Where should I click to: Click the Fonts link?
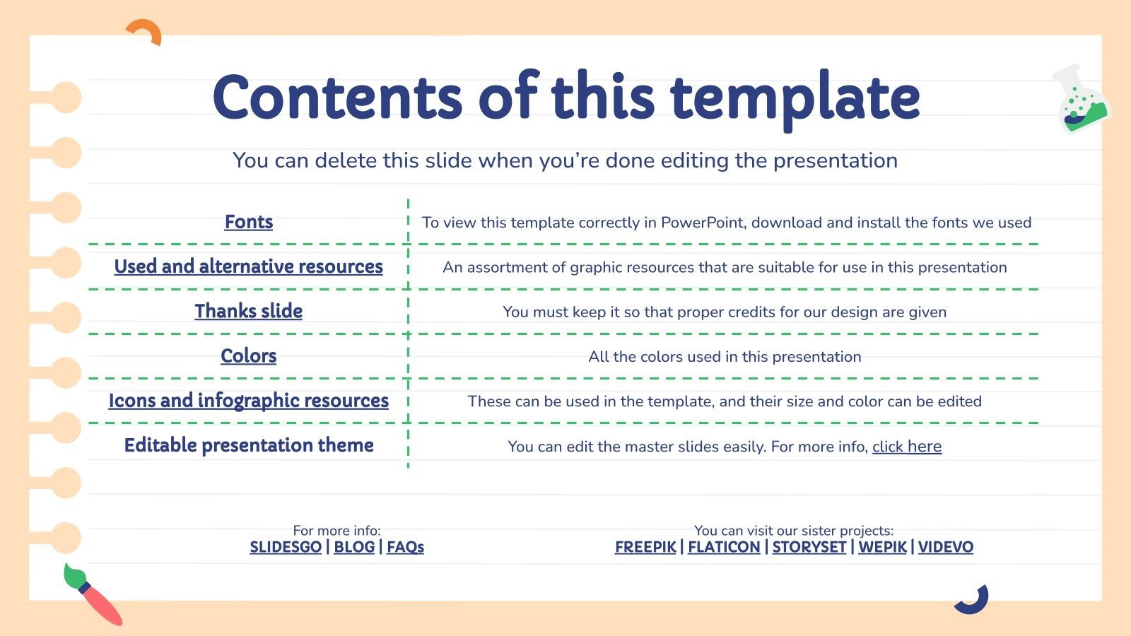248,222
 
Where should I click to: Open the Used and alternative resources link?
248,266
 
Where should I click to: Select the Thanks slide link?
248,311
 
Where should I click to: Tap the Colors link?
248,355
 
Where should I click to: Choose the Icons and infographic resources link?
248,401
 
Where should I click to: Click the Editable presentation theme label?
248,445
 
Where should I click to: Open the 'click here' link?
906,447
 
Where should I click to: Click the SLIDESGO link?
286,547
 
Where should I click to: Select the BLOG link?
354,547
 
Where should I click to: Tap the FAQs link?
405,547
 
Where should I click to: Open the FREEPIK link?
645,547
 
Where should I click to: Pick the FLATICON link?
724,547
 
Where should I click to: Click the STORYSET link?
809,547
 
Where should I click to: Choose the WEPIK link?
882,547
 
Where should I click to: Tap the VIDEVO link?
945,547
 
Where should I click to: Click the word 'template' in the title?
795,99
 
